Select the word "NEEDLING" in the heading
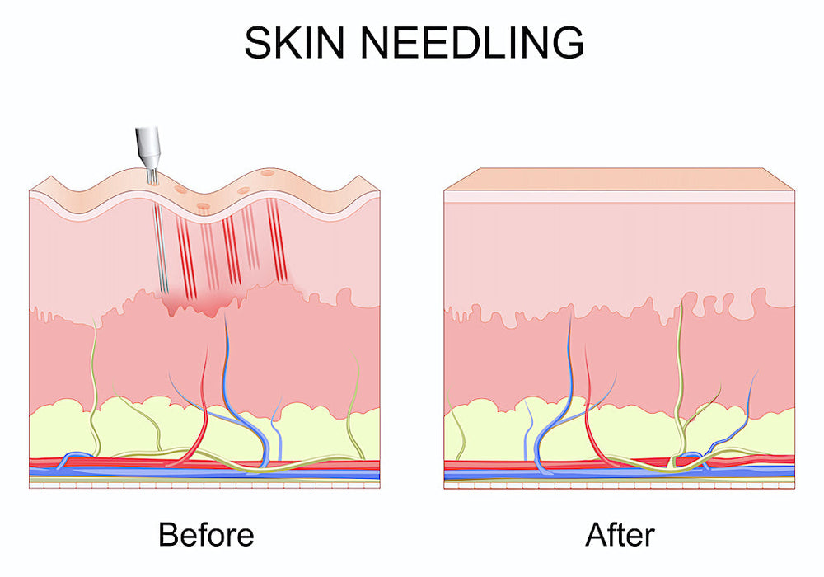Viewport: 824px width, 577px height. pyautogui.click(x=472, y=42)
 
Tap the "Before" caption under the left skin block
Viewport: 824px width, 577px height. pyautogui.click(x=206, y=534)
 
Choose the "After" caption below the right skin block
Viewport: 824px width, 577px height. pyautogui.click(x=620, y=534)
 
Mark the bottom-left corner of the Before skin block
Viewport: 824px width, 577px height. pyautogui.click(x=30, y=488)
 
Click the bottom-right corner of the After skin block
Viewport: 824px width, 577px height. pyautogui.click(x=794, y=488)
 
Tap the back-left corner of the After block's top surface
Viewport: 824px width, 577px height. pyautogui.click(x=480, y=169)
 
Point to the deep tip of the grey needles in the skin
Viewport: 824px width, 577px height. pyautogui.click(x=165, y=292)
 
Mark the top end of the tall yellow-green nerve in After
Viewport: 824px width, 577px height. pyautogui.click(x=682, y=301)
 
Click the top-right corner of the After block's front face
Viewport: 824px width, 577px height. pyautogui.click(x=794, y=190)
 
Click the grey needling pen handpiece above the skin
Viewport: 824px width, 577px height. pyautogui.click(x=147, y=148)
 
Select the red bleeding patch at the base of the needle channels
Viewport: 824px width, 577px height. pyautogui.click(x=197, y=303)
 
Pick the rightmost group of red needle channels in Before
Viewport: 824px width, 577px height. pyautogui.click(x=275, y=240)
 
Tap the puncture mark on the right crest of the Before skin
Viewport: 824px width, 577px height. pyautogui.click(x=268, y=173)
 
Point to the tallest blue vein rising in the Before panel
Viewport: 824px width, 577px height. pyautogui.click(x=239, y=389)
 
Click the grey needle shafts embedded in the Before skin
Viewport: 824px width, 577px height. pyautogui.click(x=160, y=247)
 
